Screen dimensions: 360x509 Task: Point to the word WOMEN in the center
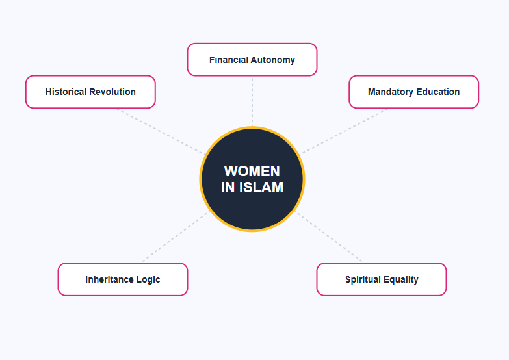click(x=252, y=171)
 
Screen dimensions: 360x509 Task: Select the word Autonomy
click(x=274, y=60)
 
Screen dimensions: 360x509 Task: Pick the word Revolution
click(x=112, y=92)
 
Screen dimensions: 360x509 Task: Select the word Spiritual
click(x=363, y=279)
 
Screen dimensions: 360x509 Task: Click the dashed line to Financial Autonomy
click(x=252, y=101)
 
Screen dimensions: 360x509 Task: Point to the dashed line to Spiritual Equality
click(x=330, y=238)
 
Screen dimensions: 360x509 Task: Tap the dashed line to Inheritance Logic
click(x=174, y=238)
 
